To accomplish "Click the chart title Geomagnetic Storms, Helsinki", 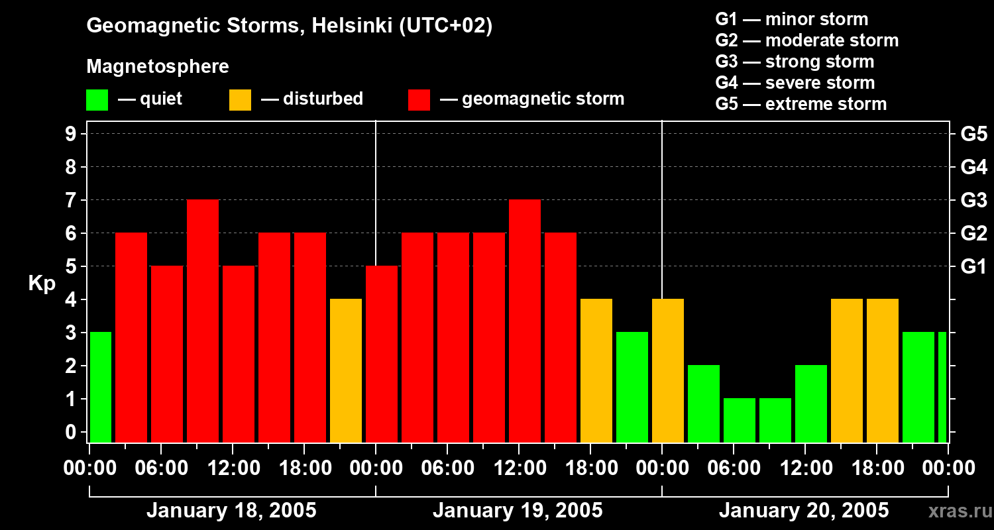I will [x=290, y=26].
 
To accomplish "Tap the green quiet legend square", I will [x=97, y=100].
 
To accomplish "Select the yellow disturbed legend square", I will [x=240, y=100].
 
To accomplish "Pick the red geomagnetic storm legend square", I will [x=419, y=100].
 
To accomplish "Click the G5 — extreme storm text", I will [x=801, y=104].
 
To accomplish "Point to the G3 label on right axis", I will [x=973, y=200].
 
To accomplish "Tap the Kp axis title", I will [x=42, y=284].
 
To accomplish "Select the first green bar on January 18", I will [x=101, y=387].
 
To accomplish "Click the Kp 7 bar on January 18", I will [x=203, y=321].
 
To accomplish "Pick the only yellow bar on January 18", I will [x=346, y=370].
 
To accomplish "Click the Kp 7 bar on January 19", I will [x=525, y=321].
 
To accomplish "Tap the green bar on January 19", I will [x=632, y=387].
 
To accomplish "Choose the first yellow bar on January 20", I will [x=668, y=370].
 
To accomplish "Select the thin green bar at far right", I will [x=942, y=387].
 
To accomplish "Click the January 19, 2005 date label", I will [x=518, y=511].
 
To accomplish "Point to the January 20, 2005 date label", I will [x=804, y=511].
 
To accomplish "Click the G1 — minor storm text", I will [x=791, y=19].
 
